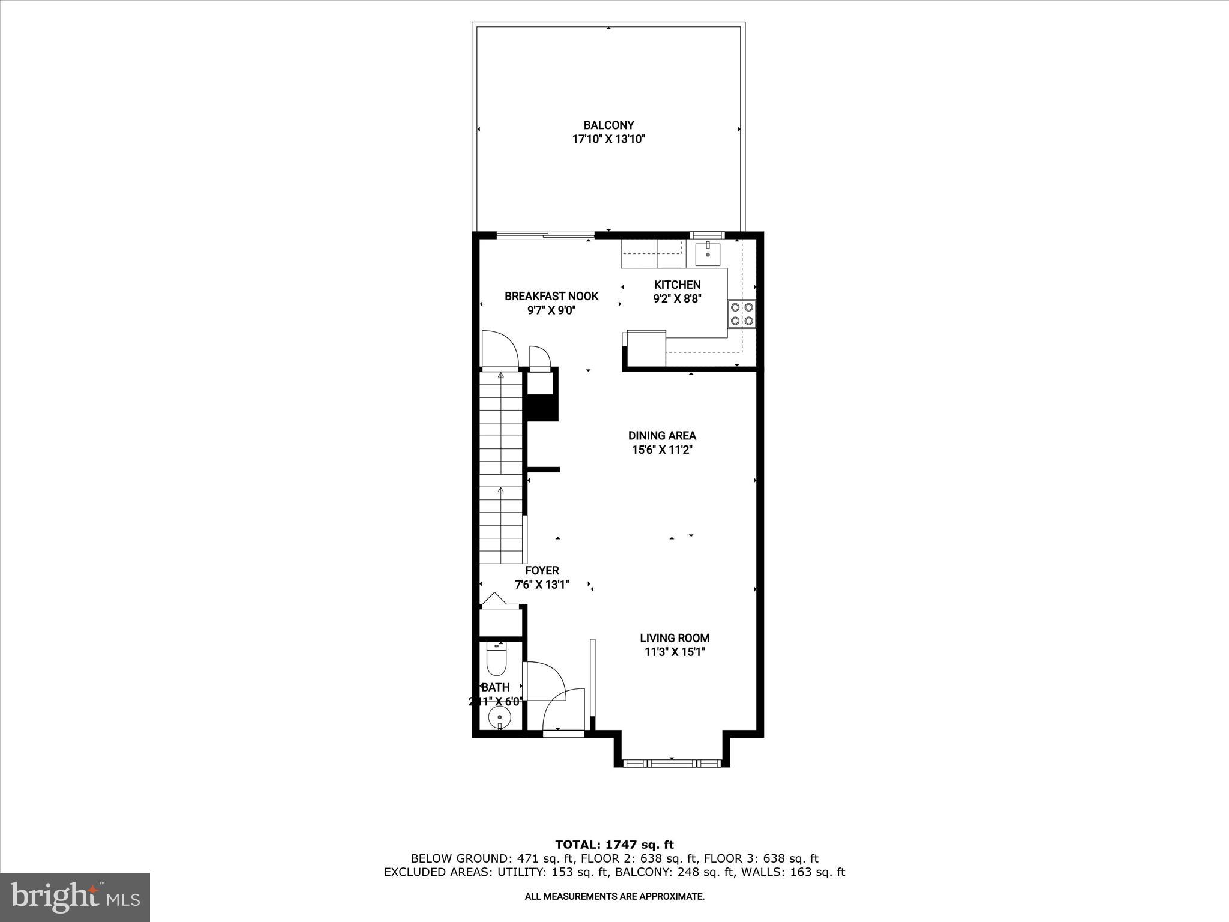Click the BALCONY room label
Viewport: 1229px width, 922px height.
point(608,125)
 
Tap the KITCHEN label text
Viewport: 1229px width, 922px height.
point(677,285)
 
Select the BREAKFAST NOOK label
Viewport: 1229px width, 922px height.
point(551,296)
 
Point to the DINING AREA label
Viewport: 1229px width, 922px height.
point(662,435)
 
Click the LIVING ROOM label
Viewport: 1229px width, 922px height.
point(675,638)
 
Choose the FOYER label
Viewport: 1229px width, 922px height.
point(542,570)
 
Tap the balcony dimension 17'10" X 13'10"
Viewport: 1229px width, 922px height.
point(608,139)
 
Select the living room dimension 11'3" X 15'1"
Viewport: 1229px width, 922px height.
point(675,652)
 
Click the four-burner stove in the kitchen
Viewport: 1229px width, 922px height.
point(742,314)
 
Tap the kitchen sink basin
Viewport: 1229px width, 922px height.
point(708,254)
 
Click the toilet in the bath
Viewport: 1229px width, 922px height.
point(497,661)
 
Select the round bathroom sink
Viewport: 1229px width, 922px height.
point(499,717)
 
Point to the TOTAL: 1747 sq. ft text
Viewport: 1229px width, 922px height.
point(614,845)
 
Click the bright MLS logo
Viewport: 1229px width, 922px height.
point(75,897)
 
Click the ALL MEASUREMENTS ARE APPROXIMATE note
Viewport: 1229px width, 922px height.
point(614,896)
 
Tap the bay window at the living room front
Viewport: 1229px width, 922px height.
point(672,764)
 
